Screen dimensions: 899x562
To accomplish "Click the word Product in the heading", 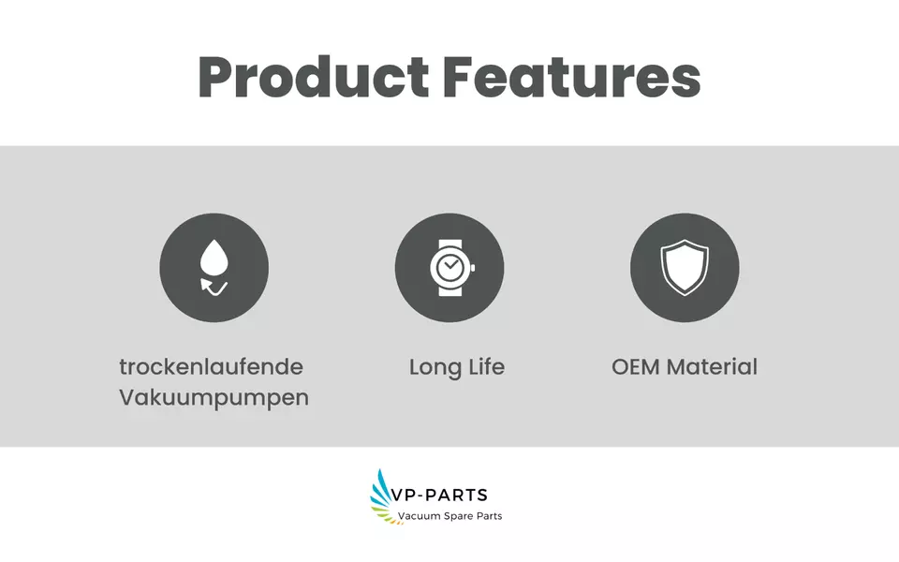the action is coord(314,77).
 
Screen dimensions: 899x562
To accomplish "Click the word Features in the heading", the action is coord(571,77).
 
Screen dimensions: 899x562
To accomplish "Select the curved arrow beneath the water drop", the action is coord(214,287).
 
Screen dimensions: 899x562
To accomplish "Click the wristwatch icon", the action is coord(451,268).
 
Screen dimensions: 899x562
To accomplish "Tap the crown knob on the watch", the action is coord(472,268).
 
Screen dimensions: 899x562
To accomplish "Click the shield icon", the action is coord(685,267).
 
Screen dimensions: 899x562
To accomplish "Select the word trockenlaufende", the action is coord(211,367).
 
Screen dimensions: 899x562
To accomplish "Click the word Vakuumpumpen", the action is coord(214,398).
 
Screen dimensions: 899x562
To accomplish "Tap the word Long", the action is coord(435,367).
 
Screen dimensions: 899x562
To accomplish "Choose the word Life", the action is coord(486,367).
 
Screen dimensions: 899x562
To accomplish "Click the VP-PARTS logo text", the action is coord(438,495).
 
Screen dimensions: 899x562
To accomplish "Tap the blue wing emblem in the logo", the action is coord(380,492).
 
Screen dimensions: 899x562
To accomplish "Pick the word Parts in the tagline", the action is coord(489,516).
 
